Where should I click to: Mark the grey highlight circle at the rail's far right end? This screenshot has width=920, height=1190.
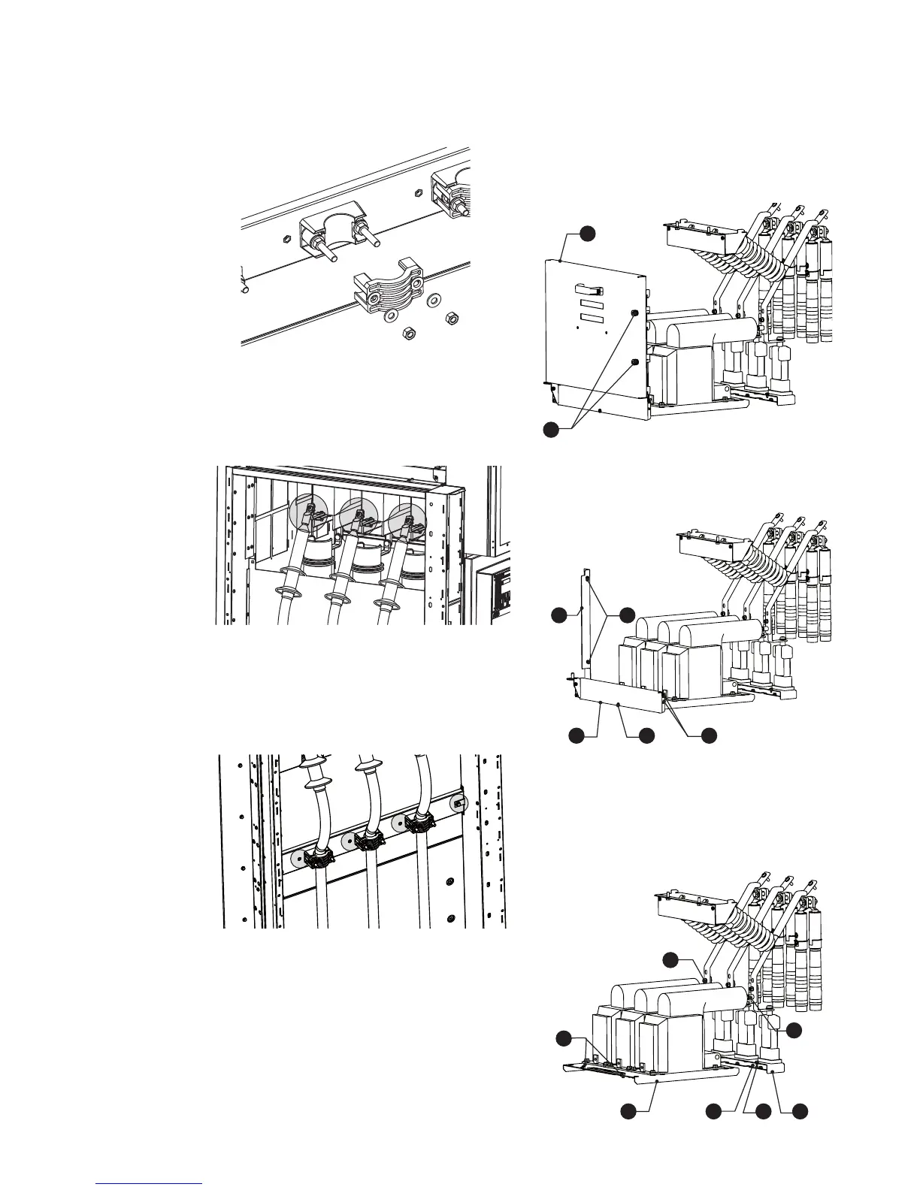pos(458,804)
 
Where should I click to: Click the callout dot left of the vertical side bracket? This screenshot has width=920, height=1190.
pos(558,615)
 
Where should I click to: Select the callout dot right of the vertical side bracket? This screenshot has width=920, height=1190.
pos(626,615)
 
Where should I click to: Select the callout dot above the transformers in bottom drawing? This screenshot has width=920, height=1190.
pos(671,959)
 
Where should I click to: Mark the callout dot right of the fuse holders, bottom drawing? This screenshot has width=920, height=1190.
pos(794,1030)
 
